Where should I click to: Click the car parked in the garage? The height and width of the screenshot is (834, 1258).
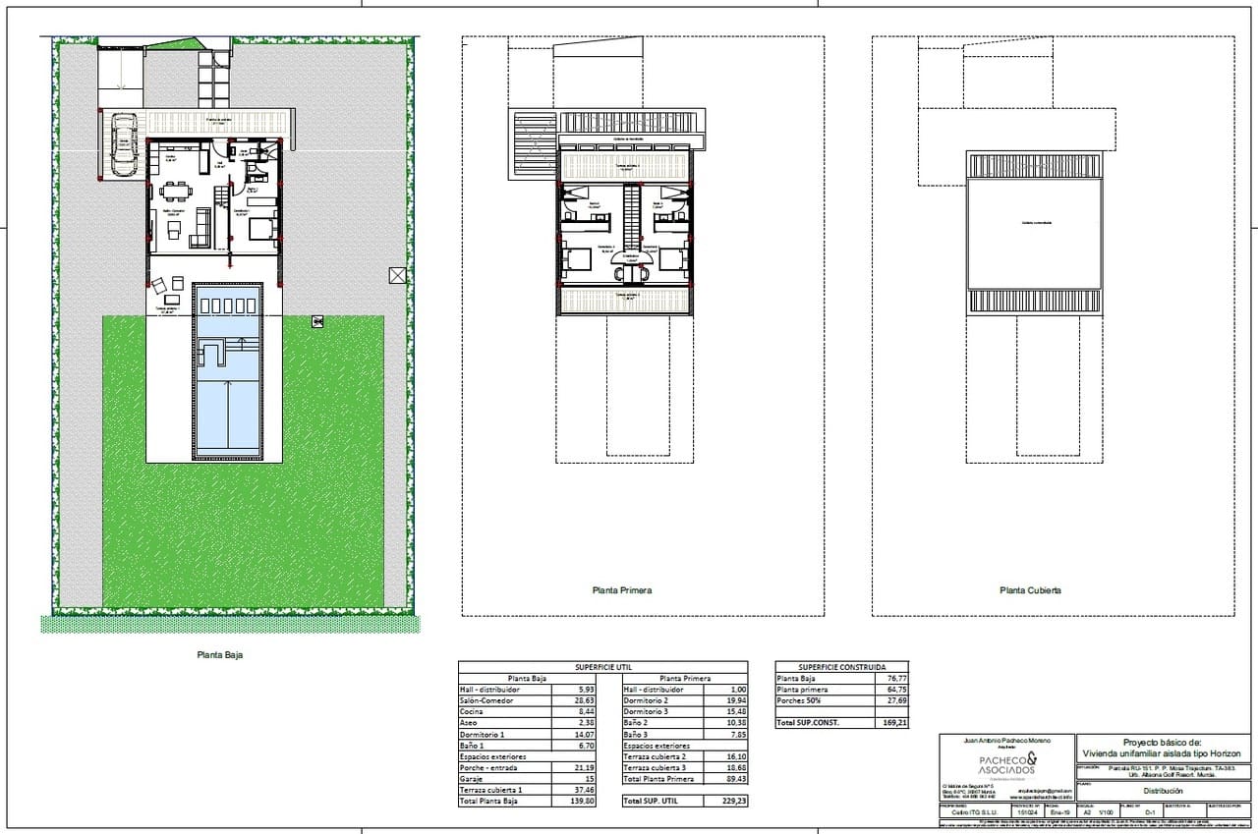click(x=123, y=145)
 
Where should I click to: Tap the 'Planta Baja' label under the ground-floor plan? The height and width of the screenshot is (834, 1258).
click(x=218, y=655)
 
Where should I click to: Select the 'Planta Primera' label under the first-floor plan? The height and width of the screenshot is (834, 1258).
click(x=621, y=590)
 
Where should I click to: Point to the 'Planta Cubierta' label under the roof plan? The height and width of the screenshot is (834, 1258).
click(x=1030, y=590)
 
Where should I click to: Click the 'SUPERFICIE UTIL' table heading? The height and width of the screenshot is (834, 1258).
click(x=602, y=666)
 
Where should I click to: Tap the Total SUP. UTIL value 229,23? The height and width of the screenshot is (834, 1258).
click(x=727, y=802)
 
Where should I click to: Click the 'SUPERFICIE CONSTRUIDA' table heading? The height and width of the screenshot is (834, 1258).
click(x=841, y=666)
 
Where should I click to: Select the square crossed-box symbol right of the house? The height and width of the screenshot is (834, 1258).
click(x=397, y=276)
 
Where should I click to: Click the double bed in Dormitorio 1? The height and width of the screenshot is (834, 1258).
click(x=261, y=230)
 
